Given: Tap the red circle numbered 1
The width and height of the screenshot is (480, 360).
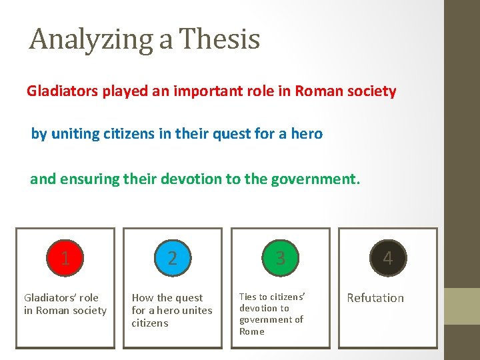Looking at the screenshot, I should click(x=65, y=258).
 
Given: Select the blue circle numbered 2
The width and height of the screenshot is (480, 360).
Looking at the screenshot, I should click(x=173, y=258).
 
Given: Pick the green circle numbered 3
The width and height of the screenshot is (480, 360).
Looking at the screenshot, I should click(x=280, y=258).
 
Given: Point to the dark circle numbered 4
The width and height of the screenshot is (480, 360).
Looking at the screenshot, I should click(x=388, y=258).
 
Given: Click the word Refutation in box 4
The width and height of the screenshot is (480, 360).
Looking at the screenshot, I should click(x=375, y=298).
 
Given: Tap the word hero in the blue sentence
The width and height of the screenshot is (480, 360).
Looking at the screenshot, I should click(x=307, y=134).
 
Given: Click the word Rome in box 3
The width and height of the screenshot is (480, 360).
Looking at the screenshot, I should click(x=252, y=331).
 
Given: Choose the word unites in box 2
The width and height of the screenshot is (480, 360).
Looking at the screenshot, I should click(x=196, y=311).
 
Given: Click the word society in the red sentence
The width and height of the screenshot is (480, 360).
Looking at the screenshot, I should click(x=372, y=91).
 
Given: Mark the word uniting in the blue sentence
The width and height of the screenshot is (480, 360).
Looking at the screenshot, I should click(x=75, y=134).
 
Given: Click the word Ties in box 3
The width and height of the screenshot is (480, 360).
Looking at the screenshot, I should click(x=247, y=297).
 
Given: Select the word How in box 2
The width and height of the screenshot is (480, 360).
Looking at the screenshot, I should click(x=142, y=298).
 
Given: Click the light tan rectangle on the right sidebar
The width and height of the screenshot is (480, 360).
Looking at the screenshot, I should click(x=462, y=306).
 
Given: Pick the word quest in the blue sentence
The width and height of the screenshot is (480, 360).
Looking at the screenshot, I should click(x=235, y=134).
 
